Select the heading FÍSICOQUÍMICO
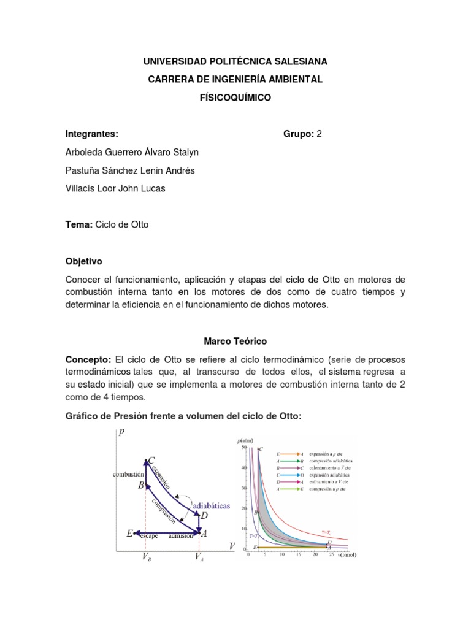coord(235,98)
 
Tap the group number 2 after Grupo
coord(318,134)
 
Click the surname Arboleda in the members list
coord(86,152)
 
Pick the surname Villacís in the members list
coord(82,188)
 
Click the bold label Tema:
coord(78,224)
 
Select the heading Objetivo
coord(84,261)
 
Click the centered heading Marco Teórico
coord(235,340)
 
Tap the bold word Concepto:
coord(88,359)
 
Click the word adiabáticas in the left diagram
coord(212,506)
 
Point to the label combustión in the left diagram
coord(128,474)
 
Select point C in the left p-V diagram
coord(151,460)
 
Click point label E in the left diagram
coord(130,534)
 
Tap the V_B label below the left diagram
coord(147,557)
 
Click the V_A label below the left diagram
coord(199,557)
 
